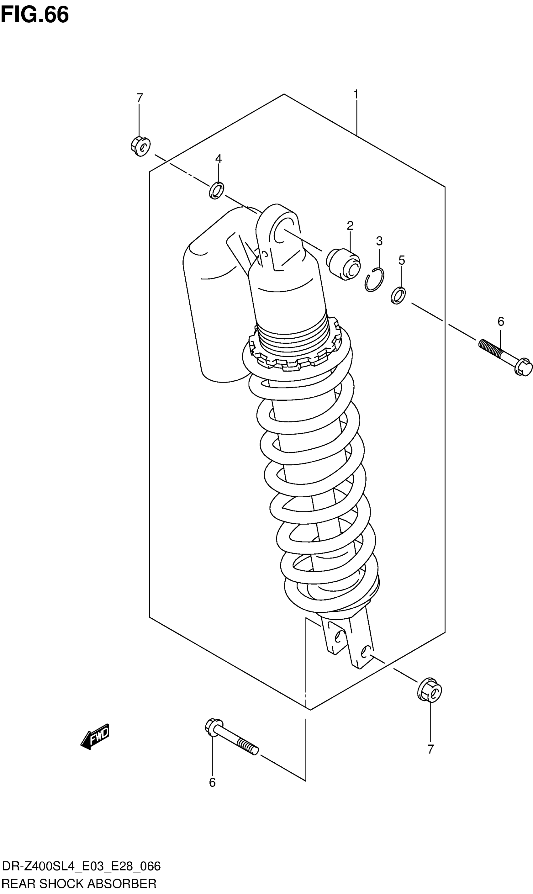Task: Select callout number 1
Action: coord(356,94)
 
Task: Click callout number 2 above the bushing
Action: coord(350,225)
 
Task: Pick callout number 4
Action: coord(218,158)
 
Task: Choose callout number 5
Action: coord(402,260)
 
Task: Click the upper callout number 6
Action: coord(501,321)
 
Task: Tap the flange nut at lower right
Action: coord(430,690)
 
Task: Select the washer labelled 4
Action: coord(217,190)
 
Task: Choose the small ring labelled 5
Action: coord(398,295)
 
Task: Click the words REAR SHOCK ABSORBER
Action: coord(79,884)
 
